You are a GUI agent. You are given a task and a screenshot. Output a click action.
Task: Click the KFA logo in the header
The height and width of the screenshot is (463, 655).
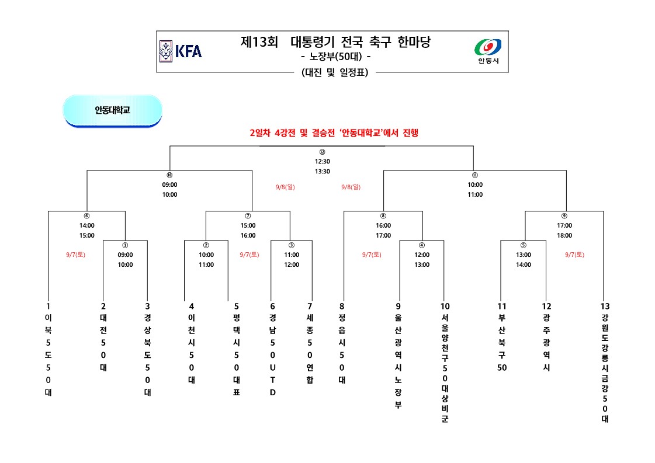click(x=181, y=51)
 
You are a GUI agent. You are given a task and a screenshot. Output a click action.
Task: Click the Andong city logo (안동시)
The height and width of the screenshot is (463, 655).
click(x=488, y=51)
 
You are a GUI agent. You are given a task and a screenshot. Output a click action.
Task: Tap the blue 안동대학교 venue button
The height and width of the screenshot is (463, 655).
click(x=112, y=110)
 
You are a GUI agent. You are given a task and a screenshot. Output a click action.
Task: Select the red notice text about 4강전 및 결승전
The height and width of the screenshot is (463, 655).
click(x=334, y=133)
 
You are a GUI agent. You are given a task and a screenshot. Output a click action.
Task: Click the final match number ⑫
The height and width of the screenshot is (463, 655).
click(x=322, y=152)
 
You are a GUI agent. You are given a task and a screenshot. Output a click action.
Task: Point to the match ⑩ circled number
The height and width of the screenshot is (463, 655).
click(x=169, y=175)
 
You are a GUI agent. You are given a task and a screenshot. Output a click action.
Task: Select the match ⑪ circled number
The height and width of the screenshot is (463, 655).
click(x=474, y=175)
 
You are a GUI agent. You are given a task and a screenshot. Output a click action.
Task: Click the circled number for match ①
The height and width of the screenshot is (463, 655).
click(x=125, y=245)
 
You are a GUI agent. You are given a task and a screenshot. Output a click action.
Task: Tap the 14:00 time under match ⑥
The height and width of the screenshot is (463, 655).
click(x=86, y=225)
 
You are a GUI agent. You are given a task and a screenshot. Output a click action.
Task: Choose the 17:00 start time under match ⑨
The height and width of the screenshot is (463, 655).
click(x=564, y=225)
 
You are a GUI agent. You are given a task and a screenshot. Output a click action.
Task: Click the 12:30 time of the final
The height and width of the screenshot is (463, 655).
click(x=322, y=162)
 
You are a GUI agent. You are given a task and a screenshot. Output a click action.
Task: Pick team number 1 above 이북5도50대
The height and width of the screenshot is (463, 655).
click(x=48, y=306)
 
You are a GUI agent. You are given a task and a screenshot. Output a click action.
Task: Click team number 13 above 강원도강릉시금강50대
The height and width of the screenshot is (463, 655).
click(x=604, y=306)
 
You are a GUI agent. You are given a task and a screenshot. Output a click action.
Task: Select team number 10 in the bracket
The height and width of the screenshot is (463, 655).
click(x=445, y=306)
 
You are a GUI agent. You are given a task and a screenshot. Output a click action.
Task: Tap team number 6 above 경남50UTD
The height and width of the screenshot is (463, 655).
click(x=272, y=306)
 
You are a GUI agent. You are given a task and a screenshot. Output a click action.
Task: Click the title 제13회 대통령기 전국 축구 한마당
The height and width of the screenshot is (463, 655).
click(x=339, y=42)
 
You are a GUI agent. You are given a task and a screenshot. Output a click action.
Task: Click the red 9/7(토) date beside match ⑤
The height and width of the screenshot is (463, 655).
click(x=574, y=255)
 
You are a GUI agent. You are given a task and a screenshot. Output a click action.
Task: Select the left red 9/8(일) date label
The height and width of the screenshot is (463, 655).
click(x=285, y=187)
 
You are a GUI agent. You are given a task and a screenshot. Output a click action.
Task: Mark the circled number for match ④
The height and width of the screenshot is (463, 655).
click(x=422, y=245)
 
